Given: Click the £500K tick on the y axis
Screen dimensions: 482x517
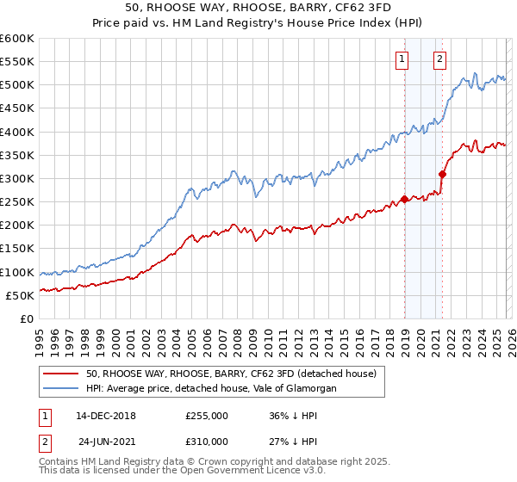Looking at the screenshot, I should tap(17, 85).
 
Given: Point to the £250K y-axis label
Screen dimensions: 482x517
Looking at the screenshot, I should tap(17, 201).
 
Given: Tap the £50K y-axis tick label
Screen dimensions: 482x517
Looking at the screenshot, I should tap(20, 295).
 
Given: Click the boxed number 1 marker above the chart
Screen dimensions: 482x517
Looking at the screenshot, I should tap(402, 59).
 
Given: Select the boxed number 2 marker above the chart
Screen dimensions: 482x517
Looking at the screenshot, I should tap(439, 59).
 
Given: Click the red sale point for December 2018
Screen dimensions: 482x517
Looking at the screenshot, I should tap(404, 200).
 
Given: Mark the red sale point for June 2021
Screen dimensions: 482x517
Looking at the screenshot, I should tap(442, 174).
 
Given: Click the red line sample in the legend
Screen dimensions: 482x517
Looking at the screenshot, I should tap(61, 374).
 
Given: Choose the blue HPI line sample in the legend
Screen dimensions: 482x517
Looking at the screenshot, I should tap(61, 389).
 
